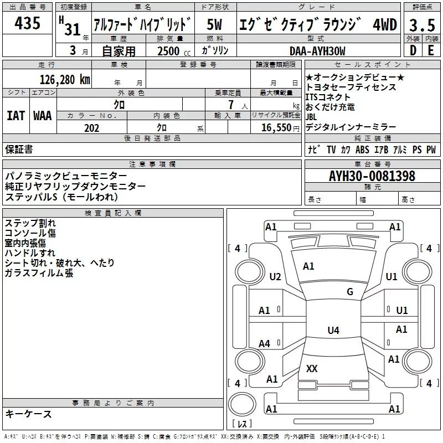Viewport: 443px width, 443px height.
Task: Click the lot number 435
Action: [28, 23]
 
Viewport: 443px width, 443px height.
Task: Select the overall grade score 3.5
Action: [421, 25]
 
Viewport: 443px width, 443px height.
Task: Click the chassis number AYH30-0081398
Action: [372, 176]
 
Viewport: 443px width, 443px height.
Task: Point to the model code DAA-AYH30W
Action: [317, 51]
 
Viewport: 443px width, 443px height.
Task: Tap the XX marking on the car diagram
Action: [312, 368]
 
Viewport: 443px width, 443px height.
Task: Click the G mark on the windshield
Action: [349, 292]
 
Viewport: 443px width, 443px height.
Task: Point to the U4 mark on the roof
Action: [333, 331]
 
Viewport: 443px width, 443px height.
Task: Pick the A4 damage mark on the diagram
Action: [265, 344]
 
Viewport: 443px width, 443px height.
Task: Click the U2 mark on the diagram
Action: [275, 277]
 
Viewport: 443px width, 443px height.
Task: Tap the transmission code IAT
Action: [16, 116]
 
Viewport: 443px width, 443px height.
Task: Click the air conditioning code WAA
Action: [42, 116]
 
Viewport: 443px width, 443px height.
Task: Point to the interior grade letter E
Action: [430, 50]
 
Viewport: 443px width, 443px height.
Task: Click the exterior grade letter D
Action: [413, 50]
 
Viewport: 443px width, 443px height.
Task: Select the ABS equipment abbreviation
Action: [362, 150]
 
